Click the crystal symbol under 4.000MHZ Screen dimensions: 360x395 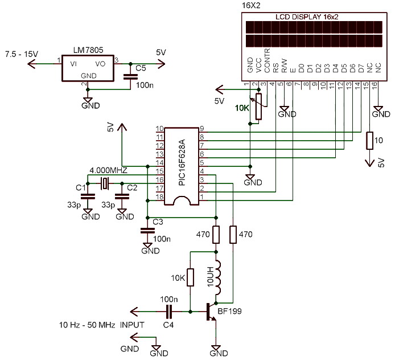click(x=105, y=183)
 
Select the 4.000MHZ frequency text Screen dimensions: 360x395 click(x=109, y=170)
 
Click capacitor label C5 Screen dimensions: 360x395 click(x=141, y=68)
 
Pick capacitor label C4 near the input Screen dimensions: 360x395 click(x=168, y=325)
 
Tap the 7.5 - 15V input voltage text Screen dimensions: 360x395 click(x=21, y=54)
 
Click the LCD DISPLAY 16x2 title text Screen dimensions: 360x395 click(x=307, y=18)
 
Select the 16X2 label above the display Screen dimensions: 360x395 click(x=251, y=5)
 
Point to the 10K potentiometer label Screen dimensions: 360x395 click(x=242, y=107)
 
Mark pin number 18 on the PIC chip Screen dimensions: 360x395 click(x=160, y=197)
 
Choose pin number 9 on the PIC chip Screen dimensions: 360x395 click(x=201, y=129)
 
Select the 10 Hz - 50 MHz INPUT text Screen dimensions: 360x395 click(x=101, y=325)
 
